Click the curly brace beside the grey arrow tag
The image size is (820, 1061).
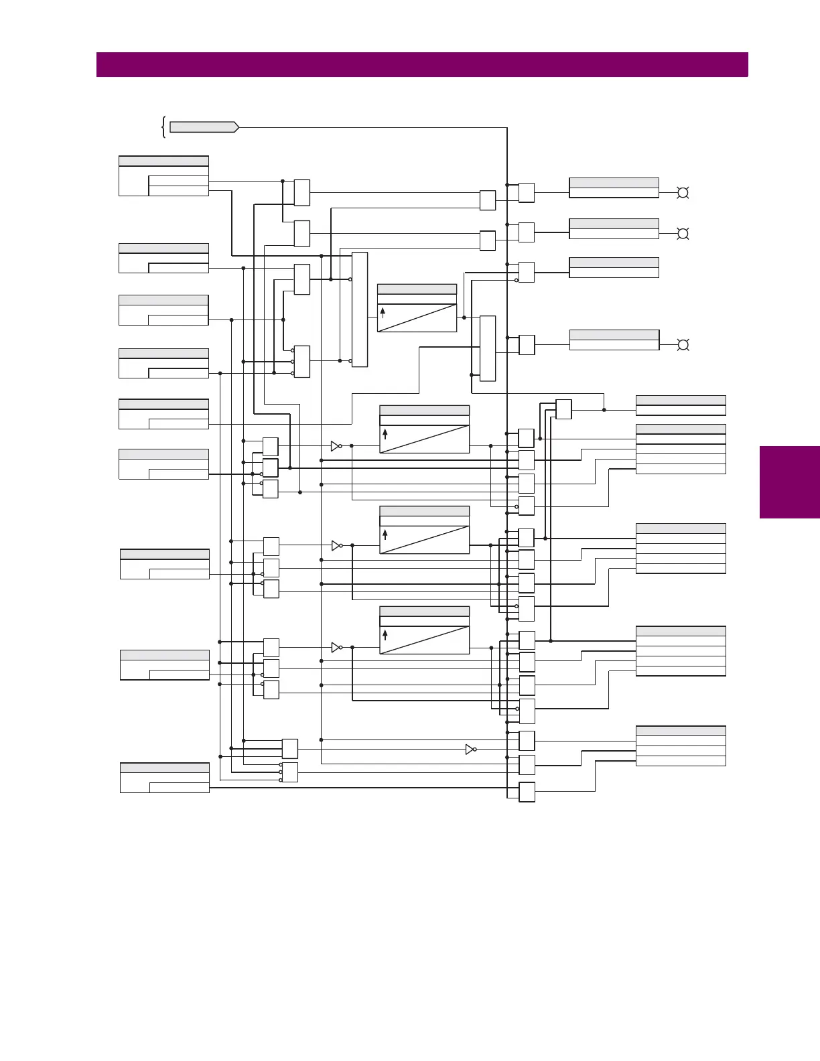pyautogui.click(x=163, y=127)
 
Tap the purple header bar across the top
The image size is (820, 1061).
pyautogui.click(x=422, y=65)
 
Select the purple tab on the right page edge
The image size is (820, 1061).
pyautogui.click(x=789, y=482)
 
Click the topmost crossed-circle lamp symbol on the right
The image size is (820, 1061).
pyautogui.click(x=683, y=193)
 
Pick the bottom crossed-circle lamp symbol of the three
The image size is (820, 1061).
pyautogui.click(x=683, y=345)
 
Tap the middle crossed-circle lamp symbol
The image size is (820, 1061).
pyautogui.click(x=683, y=234)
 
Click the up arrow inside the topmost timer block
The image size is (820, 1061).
pyautogui.click(x=383, y=312)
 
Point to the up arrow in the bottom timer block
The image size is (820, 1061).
pyautogui.click(x=385, y=634)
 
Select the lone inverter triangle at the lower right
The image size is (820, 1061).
pyautogui.click(x=470, y=750)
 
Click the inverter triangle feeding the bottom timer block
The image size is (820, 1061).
pyautogui.click(x=336, y=648)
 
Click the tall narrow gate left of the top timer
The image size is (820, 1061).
pyautogui.click(x=360, y=309)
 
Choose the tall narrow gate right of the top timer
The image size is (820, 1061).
pyautogui.click(x=488, y=348)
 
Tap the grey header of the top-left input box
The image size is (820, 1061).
pyautogui.click(x=163, y=161)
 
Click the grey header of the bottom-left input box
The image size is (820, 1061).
pyautogui.click(x=164, y=768)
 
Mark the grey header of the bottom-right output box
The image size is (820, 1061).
pyautogui.click(x=681, y=731)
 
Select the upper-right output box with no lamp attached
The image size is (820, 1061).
pyautogui.click(x=614, y=267)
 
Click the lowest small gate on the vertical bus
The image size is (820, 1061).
pyautogui.click(x=527, y=792)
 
